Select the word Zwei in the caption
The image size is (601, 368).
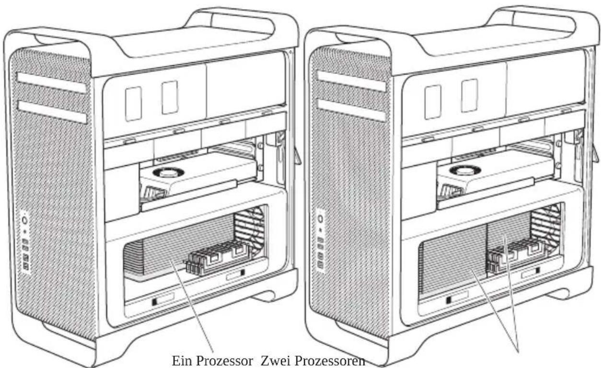[x=275, y=361]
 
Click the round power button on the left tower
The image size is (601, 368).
[x=25, y=220]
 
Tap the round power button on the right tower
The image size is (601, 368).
[x=320, y=219]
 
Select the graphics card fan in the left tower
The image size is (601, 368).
[x=168, y=172]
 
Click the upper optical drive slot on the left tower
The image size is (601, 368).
[x=52, y=82]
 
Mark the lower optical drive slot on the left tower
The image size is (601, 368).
[x=52, y=112]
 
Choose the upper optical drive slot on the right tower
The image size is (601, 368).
[x=351, y=80]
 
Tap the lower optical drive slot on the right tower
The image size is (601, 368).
[x=351, y=110]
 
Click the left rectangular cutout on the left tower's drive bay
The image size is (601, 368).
[x=133, y=103]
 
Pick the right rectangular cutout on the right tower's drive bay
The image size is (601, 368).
[x=470, y=95]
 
